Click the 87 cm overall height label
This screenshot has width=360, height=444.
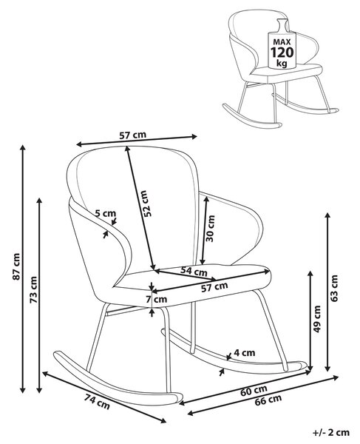16,266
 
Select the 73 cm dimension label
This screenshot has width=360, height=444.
34,289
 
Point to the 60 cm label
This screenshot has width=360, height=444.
254,391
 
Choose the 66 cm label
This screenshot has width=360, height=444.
268,400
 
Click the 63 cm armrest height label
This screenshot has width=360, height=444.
334,288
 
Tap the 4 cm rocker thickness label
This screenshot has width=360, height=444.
245,352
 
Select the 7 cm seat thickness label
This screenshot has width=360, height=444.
157,299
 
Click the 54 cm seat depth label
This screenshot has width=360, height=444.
194,272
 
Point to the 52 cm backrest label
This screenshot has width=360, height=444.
147,203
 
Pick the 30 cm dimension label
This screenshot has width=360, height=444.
211,228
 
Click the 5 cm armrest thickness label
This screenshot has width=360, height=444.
106,213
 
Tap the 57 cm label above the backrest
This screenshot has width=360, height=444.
132,135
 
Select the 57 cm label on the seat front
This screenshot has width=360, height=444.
214,287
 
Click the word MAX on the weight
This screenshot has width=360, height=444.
282,42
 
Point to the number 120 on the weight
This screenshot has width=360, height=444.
282,53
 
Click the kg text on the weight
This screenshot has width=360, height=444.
282,63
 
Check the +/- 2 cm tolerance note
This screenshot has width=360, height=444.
331,432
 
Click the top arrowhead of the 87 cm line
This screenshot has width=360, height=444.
23,147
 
